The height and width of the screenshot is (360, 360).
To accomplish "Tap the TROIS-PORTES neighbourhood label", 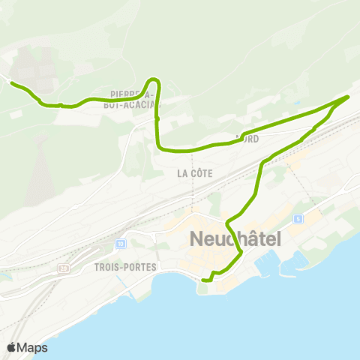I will [x=125, y=267].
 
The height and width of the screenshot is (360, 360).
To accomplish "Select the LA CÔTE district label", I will [x=195, y=173].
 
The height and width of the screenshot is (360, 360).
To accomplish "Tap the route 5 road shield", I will [x=298, y=218].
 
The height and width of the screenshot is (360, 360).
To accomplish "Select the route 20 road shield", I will [x=63, y=268].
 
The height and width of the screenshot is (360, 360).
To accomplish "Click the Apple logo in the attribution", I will [x=12, y=347].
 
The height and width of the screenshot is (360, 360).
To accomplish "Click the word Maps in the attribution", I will [x=33, y=347].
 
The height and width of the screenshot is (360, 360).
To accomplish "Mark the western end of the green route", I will [x=11, y=82].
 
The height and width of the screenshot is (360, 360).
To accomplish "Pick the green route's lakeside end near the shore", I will [x=204, y=280].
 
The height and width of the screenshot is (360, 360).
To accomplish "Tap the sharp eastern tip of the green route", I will [x=349, y=97].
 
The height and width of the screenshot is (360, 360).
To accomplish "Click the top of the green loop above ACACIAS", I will [x=154, y=79].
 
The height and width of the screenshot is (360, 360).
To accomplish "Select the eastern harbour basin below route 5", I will [x=295, y=258].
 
